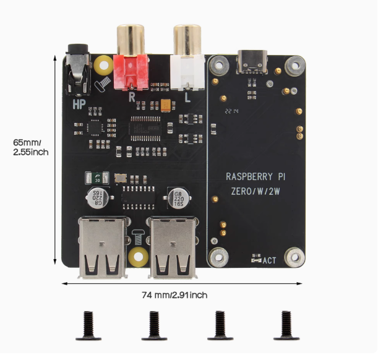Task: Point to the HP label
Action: pos(79,105)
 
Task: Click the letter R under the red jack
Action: pos(131,96)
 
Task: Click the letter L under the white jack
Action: pos(188,96)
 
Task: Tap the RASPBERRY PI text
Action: pos(256,176)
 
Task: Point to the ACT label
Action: pos(269,260)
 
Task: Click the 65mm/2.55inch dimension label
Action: pos(30,146)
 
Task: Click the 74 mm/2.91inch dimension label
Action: pos(174,295)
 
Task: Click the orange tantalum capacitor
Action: pos(166,105)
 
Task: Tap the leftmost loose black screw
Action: pos(87,326)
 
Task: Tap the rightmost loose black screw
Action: pos(285,326)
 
